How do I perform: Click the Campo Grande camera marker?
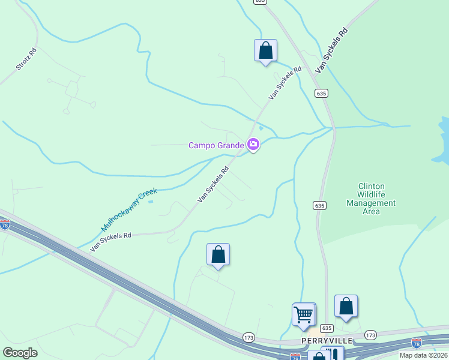pos(253,145)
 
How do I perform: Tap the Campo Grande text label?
pos(216,145)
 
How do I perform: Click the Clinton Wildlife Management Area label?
pos(371,199)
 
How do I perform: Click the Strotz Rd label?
pos(27,59)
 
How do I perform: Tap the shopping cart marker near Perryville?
pos(304,314)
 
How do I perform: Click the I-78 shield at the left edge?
pos(5,224)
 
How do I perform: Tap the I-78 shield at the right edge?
pos(417,343)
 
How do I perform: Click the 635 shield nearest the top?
pos(259,2)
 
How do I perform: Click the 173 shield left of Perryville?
pos(248,338)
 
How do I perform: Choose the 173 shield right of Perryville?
pos(370,335)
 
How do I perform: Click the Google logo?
pos(20,352)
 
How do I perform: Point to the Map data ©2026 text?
pos(423,355)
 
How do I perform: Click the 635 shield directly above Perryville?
pos(326,328)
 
